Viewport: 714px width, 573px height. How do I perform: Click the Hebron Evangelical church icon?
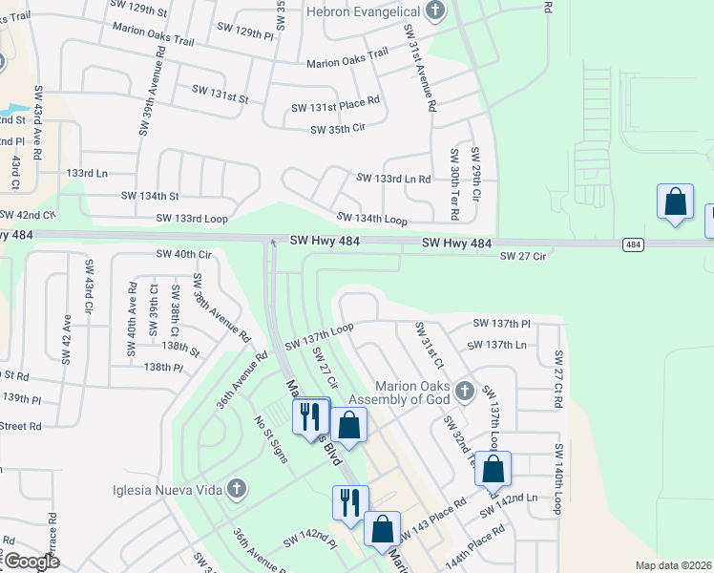tap(435, 11)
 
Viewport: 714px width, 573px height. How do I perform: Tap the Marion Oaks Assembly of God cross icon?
tap(465, 391)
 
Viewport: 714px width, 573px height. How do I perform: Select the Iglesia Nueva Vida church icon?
tap(236, 490)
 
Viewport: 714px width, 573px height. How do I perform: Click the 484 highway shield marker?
tap(632, 244)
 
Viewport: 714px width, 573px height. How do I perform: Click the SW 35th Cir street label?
tap(338, 129)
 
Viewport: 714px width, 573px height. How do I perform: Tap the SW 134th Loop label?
tap(371, 220)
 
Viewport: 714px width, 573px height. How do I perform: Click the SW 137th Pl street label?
tap(499, 324)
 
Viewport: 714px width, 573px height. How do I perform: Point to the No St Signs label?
tap(271, 435)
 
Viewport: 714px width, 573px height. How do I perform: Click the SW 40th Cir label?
tap(183, 255)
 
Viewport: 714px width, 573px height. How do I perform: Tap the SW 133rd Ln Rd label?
tap(393, 179)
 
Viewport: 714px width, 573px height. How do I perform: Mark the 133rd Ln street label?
tap(88, 173)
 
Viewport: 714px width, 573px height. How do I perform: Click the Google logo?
tap(31, 562)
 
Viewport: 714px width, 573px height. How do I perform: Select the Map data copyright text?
tap(672, 565)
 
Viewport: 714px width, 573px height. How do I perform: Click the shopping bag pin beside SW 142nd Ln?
tap(493, 470)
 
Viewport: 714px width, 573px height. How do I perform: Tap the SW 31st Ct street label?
tap(429, 345)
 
